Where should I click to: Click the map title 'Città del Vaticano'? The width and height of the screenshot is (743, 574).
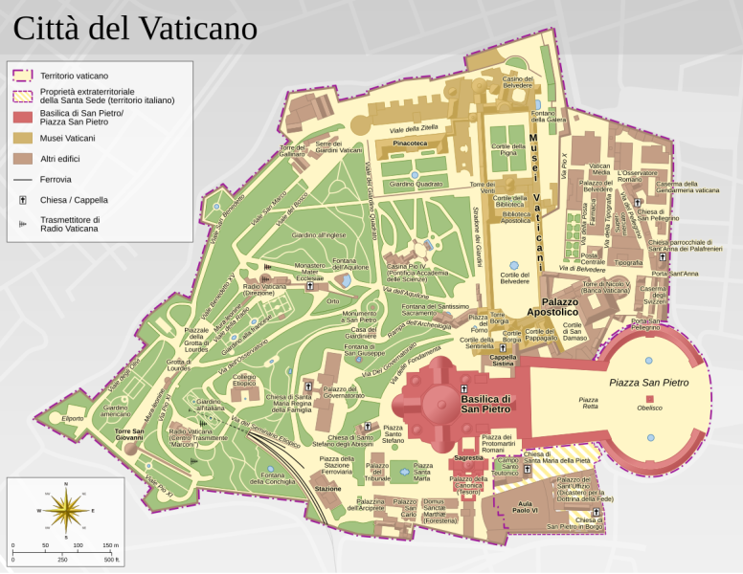tap(134, 29)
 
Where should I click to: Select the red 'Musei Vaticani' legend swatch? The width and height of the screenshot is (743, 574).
tap(23, 139)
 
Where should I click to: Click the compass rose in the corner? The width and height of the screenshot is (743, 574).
tap(65, 511)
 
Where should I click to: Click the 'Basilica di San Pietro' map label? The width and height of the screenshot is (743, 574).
tap(487, 404)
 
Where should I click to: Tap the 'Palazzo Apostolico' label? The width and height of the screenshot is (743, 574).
tap(547, 306)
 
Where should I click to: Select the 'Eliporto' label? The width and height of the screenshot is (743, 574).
tap(73, 418)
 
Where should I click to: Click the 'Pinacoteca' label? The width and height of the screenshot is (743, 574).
tap(410, 143)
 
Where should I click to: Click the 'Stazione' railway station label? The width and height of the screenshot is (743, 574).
tap(327, 489)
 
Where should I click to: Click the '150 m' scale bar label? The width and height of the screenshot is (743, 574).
tap(110, 544)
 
